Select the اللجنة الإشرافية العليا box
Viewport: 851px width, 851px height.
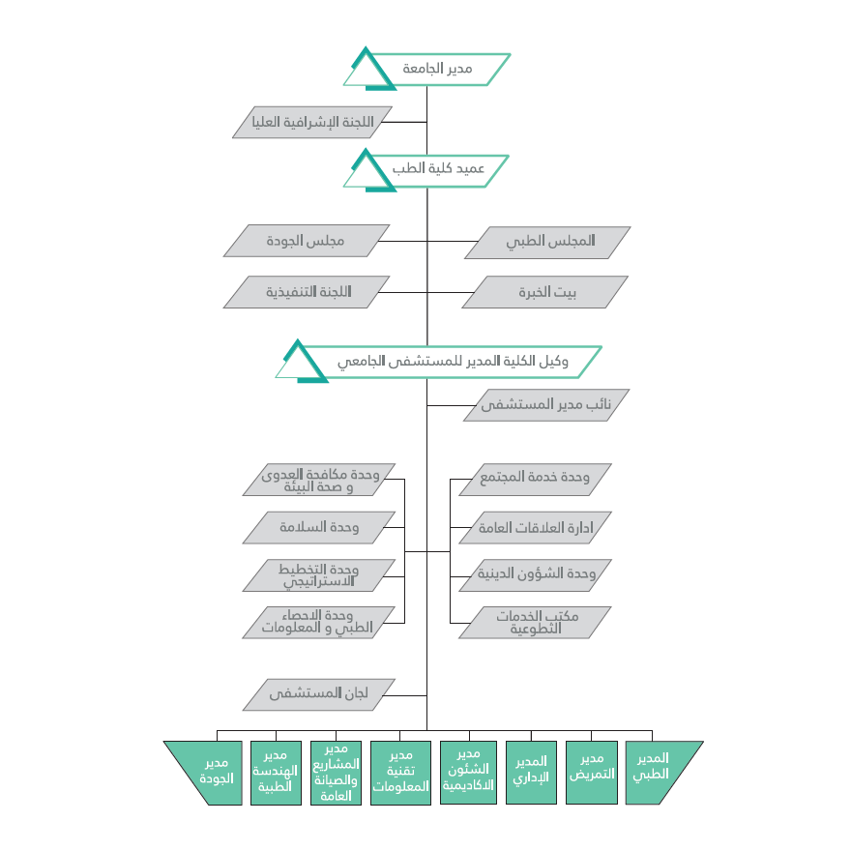pos(312,122)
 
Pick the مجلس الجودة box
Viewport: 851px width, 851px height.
pos(307,241)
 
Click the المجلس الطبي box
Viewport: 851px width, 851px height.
pos(547,242)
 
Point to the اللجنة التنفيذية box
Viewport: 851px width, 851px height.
pos(307,292)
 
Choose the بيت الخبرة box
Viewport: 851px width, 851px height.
pos(544,292)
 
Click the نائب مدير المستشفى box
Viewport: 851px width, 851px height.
pos(546,405)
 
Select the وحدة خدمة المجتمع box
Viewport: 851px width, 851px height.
pos(535,480)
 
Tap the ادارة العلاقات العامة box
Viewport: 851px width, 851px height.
pos(535,528)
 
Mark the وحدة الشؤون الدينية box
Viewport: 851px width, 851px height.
pos(535,575)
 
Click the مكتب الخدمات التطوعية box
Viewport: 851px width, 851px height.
pos(535,623)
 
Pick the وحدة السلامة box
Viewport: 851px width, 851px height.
pos(318,528)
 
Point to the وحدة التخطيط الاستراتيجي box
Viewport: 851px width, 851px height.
pos(318,575)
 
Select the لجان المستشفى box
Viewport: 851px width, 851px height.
pos(318,694)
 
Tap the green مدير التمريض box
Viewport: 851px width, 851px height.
pos(592,773)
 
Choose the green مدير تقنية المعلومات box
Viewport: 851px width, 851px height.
pos(400,773)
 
